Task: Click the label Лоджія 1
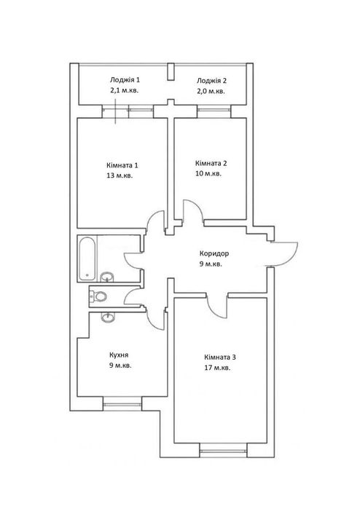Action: point(125,80)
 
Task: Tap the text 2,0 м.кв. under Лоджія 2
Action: point(211,91)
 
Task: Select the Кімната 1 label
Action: point(122,165)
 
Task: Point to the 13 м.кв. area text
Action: point(120,176)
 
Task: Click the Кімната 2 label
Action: point(211,163)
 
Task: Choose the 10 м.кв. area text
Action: point(208,173)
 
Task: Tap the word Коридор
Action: point(214,253)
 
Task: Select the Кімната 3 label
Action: point(220,358)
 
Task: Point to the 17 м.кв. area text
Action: point(217,368)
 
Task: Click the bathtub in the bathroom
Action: point(87,259)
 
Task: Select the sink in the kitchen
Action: point(107,317)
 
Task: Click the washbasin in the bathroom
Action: point(107,277)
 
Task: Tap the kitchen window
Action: point(122,404)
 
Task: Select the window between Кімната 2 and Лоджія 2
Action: point(214,110)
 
